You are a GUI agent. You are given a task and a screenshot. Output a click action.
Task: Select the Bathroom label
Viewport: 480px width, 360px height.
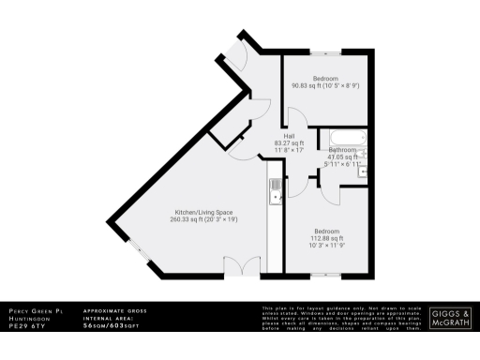342,150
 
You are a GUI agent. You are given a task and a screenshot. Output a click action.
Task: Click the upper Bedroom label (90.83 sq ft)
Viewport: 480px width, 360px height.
325,78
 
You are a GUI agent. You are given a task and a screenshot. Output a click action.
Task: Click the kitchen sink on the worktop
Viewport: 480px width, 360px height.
275,191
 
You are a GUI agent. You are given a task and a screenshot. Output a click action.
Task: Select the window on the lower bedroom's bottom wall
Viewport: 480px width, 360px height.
323,275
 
